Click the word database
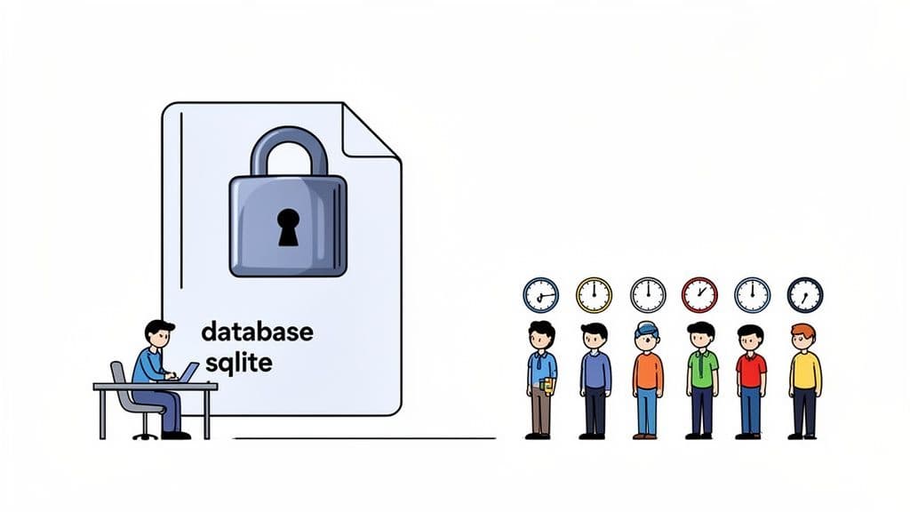coord(257,332)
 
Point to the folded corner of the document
coord(372,131)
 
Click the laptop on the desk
coord(188,372)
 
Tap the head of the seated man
coord(160,335)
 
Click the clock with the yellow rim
coord(594,294)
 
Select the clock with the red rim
coord(699,294)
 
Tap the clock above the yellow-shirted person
coord(804,294)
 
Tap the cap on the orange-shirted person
coord(647,327)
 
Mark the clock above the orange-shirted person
coord(648,294)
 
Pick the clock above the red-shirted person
coord(752,294)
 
